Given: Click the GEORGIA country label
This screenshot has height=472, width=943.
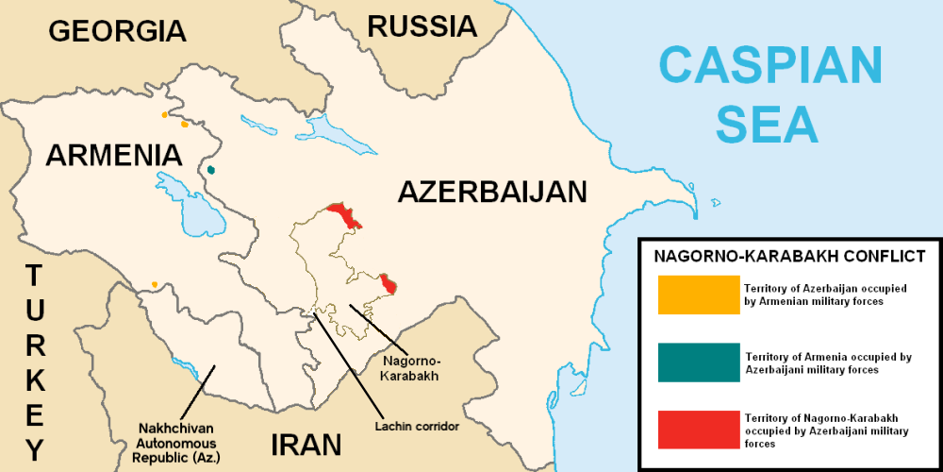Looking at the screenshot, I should [117, 30].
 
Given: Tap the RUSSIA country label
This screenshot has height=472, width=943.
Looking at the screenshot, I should [422, 25].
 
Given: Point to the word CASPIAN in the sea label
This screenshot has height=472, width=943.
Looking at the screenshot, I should [770, 66].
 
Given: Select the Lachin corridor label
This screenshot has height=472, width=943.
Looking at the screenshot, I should [415, 426].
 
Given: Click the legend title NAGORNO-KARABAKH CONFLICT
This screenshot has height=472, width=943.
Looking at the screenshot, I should [789, 256].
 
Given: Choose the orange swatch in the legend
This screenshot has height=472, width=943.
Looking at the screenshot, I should [699, 295].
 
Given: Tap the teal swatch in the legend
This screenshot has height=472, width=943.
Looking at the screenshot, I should [699, 362].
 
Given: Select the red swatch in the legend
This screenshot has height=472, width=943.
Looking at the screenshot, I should [699, 430].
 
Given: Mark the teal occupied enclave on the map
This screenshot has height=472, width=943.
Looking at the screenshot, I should [211, 170].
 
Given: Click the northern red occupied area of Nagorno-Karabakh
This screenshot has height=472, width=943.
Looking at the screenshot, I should [345, 214].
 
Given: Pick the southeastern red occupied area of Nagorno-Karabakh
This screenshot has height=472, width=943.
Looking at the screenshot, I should [389, 283].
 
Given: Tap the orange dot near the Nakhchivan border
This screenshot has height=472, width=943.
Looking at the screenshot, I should [154, 284].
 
